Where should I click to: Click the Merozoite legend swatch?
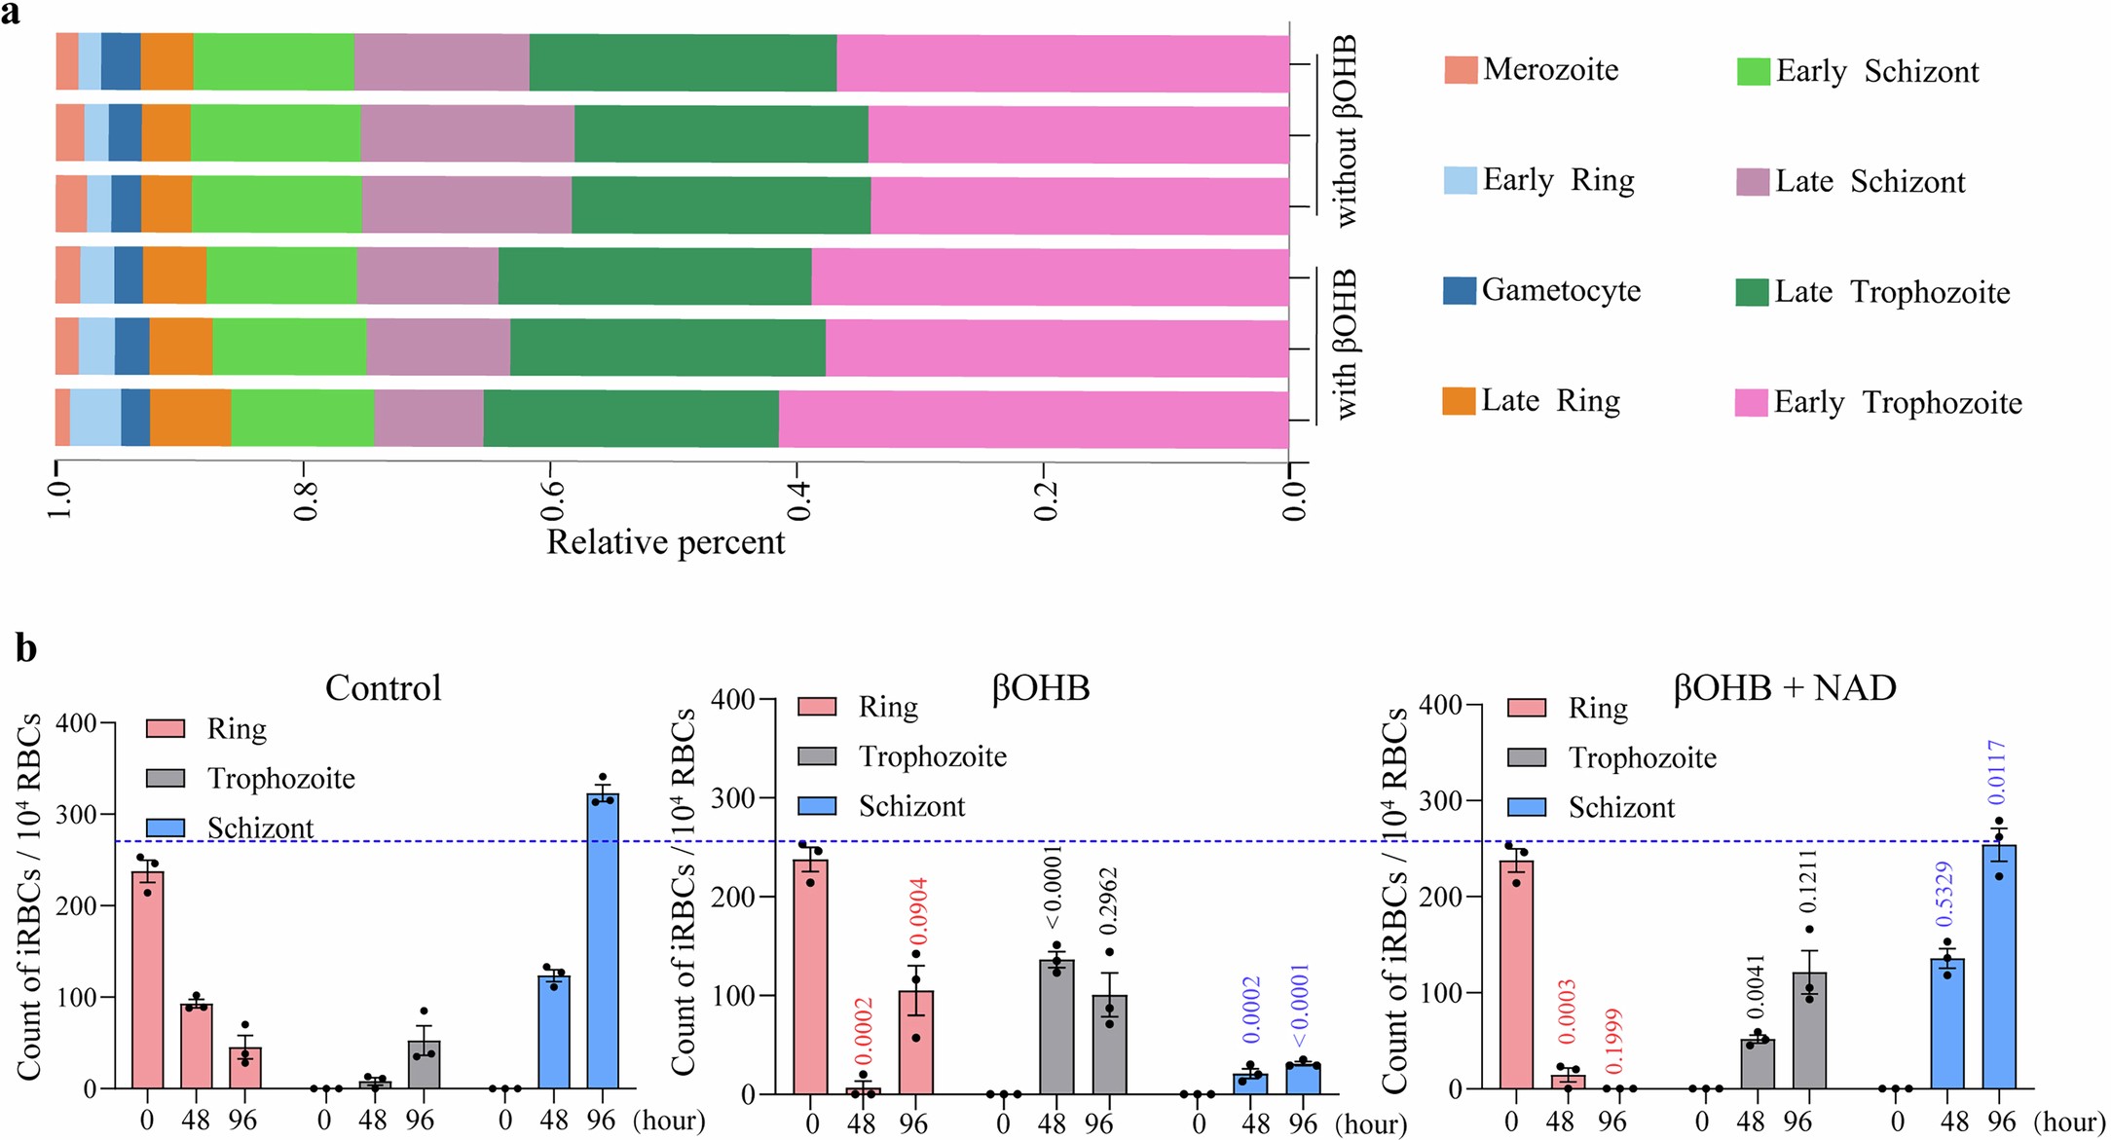(1460, 70)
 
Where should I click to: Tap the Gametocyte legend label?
(1561, 290)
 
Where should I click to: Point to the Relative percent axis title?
(665, 542)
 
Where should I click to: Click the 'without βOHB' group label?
(1345, 131)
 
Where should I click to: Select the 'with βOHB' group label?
(1345, 345)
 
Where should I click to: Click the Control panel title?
(383, 688)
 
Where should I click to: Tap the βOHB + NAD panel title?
(1784, 688)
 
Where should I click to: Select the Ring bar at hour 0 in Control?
(147, 979)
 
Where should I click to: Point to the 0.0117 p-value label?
(1997, 772)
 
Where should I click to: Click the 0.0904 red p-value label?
(918, 911)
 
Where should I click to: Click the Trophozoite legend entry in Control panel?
(280, 779)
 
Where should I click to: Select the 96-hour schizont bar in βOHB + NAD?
(1998, 966)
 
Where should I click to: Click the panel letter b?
(26, 648)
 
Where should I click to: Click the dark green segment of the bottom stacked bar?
(630, 420)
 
